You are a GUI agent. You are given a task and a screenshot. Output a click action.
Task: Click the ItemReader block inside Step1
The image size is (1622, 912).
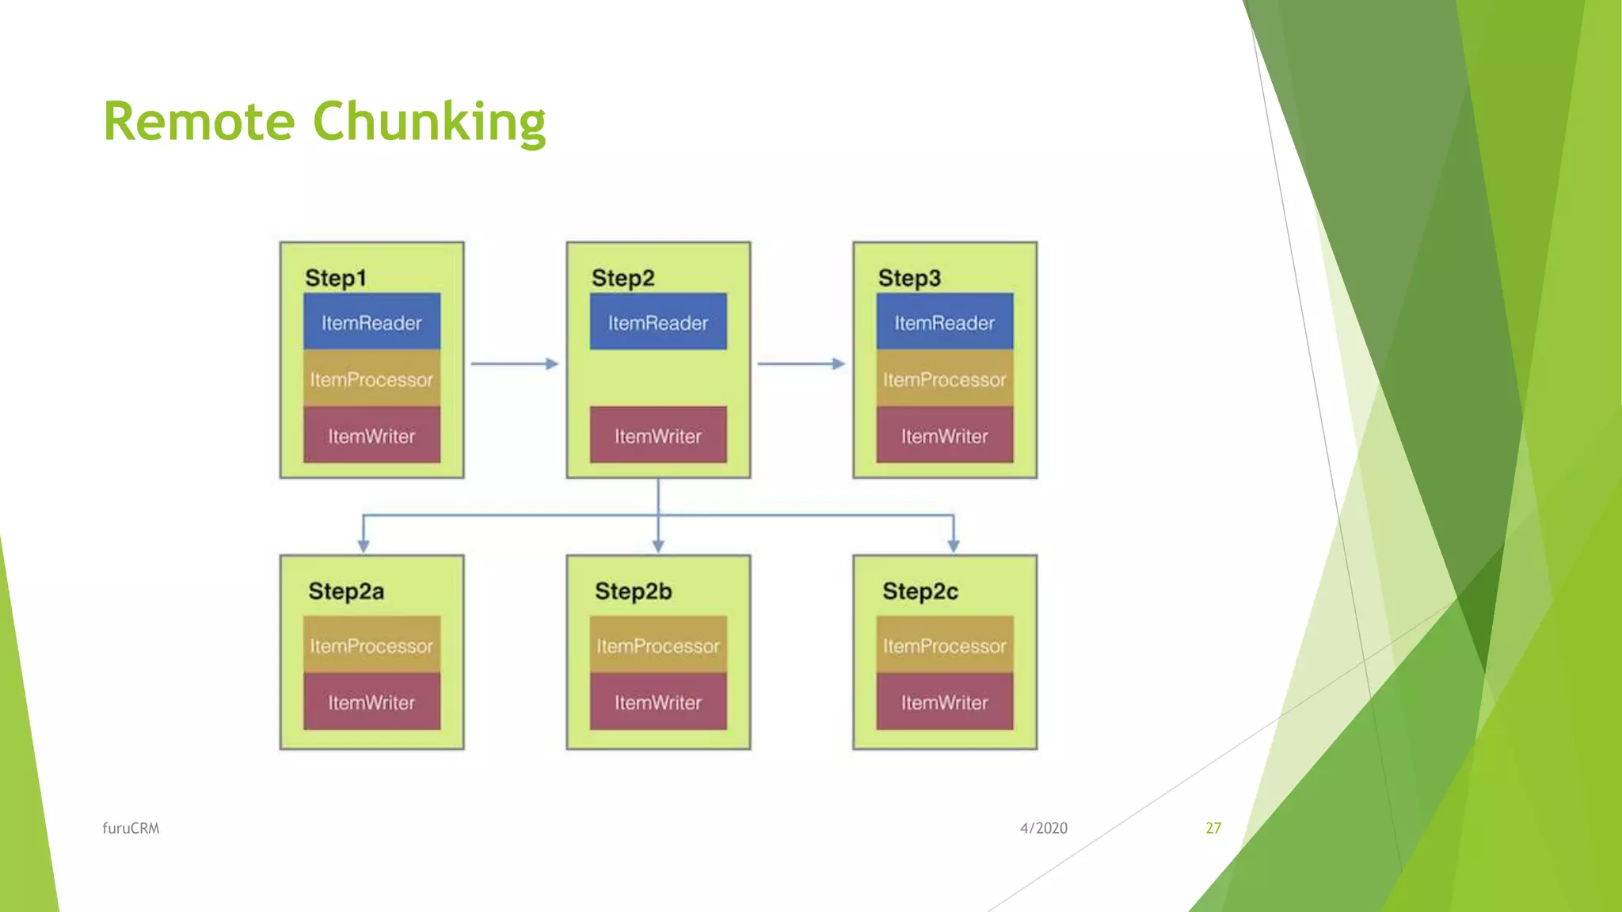pos(371,322)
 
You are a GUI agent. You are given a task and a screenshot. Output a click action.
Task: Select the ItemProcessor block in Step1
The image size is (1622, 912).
pos(371,379)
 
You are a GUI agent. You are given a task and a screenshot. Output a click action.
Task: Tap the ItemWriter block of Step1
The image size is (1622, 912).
pos(371,435)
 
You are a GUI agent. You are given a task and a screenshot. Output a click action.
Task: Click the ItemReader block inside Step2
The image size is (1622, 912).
pos(657,322)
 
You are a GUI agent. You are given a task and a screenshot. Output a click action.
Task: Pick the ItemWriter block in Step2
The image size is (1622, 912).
pos(657,435)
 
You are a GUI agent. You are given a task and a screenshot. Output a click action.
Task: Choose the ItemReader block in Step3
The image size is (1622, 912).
pos(944,322)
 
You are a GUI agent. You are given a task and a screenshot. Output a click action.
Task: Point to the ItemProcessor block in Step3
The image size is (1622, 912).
pos(944,379)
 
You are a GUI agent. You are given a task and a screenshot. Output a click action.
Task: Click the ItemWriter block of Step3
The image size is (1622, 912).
pos(944,435)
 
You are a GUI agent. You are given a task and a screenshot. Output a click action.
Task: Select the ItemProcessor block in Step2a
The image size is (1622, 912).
pos(371,645)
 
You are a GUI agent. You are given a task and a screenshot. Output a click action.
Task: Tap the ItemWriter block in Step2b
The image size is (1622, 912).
pos(657,701)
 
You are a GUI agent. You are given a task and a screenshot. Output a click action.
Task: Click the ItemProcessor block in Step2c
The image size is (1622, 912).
pos(944,645)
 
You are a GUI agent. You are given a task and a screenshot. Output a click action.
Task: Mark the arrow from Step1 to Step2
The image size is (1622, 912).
pos(515,364)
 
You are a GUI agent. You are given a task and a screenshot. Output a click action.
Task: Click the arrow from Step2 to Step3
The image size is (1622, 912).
pos(801,364)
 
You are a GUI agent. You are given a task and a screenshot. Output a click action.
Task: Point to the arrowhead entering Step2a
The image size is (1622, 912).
pos(364,545)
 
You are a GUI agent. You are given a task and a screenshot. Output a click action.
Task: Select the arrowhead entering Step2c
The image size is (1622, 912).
pos(954,545)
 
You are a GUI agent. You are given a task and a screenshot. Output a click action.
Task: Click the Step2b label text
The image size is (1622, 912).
pos(633,591)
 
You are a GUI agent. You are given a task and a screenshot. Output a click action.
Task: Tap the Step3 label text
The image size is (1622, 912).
pos(909,278)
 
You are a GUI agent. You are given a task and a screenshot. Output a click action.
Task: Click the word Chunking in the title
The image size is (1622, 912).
pos(429,122)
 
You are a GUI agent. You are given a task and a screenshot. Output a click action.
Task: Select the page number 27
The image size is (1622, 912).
pos(1213,828)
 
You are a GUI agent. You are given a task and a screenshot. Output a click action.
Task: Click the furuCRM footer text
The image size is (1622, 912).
pos(131,828)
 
